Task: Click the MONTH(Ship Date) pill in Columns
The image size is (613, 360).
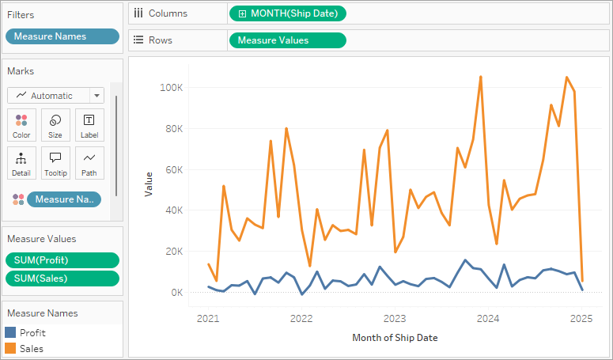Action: pos(287,13)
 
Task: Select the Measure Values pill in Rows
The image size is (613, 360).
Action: pos(287,40)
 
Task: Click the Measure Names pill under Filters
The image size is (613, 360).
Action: pos(62,36)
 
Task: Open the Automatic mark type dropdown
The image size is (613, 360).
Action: pos(55,96)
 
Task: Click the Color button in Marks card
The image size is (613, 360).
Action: pos(21,125)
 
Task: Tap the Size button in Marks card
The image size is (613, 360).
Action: pos(55,125)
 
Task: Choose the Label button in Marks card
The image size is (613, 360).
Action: pos(89,125)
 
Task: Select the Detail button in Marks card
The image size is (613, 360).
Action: pos(21,163)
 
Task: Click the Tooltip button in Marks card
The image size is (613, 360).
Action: pos(55,163)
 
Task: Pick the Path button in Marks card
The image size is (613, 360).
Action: pos(89,163)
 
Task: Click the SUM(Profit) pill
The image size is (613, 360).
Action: pos(62,260)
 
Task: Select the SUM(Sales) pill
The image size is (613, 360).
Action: pos(62,278)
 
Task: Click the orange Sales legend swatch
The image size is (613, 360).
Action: pos(10,348)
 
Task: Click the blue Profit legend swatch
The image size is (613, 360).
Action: pos(10,333)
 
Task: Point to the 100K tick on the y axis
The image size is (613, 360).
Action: pos(171,87)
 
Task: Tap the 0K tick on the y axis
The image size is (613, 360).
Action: pos(176,293)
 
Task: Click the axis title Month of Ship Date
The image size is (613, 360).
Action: pos(395,338)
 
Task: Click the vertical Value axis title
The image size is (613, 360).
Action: pos(148,185)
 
